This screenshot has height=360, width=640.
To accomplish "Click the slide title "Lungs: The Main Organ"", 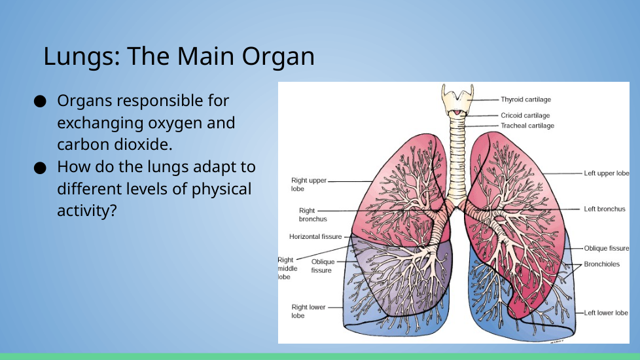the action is [179, 56].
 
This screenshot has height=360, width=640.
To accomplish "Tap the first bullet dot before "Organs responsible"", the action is [40, 101].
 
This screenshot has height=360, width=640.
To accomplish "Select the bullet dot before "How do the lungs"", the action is [40, 168].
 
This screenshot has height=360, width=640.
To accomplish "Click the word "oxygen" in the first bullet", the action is [175, 123].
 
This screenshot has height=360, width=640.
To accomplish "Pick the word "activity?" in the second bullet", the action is [87, 211].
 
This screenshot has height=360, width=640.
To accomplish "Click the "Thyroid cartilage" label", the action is [525, 99].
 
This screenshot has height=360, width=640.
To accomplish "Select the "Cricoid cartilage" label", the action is [525, 115].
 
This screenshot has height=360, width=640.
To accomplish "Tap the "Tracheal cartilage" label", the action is [527, 126].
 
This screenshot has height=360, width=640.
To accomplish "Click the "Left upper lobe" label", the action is [607, 173].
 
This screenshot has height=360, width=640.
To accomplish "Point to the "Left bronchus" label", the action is [605, 209].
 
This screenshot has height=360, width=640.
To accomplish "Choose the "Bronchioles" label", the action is [601, 264].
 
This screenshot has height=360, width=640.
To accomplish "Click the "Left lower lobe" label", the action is [606, 313].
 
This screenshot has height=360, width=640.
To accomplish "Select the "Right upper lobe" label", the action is [309, 185].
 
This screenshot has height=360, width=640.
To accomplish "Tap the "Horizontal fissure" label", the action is [315, 237].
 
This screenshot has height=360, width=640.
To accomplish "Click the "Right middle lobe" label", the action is [287, 268].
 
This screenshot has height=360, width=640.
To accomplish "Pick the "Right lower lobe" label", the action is [309, 312].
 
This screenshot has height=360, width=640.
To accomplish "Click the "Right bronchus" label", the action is [313, 215].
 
